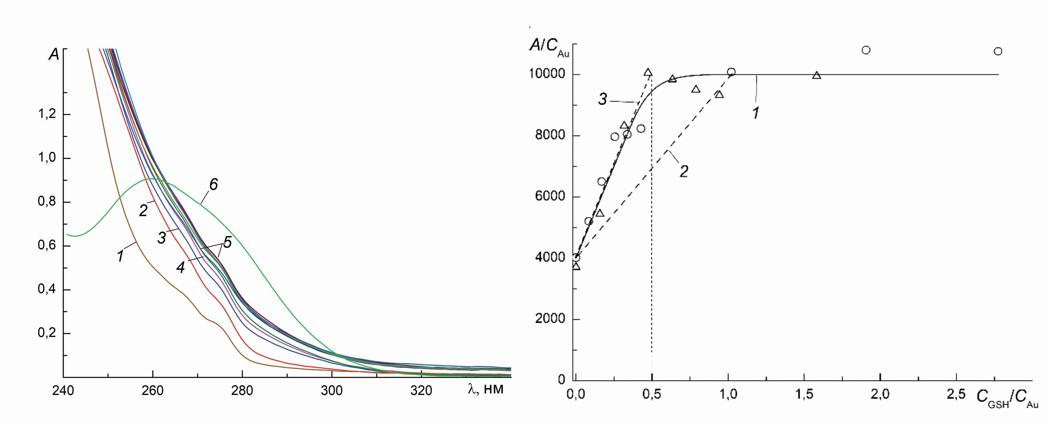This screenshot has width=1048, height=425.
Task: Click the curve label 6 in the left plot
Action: [x=214, y=185]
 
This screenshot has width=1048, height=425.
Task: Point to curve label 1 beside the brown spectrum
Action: [x=121, y=256]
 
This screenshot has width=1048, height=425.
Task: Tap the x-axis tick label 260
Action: [x=152, y=391]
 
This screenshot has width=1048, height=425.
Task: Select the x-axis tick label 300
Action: [x=331, y=391]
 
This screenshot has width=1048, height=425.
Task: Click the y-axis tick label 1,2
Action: [x=47, y=114]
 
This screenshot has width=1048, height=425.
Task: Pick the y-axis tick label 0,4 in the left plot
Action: [x=47, y=290]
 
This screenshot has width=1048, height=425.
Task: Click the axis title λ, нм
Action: [x=486, y=389]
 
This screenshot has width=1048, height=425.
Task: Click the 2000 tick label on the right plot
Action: [x=550, y=319]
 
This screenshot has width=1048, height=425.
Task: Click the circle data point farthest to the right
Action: [x=998, y=51]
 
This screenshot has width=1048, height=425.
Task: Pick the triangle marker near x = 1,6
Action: [x=816, y=75]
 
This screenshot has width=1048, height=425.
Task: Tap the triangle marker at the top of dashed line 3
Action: [x=648, y=72]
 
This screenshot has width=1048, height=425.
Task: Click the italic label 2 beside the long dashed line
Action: [x=684, y=171]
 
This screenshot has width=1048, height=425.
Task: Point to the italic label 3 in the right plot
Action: [x=603, y=99]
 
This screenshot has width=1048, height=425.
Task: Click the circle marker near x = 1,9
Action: [x=866, y=50]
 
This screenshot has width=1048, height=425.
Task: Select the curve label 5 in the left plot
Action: [x=227, y=242]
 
